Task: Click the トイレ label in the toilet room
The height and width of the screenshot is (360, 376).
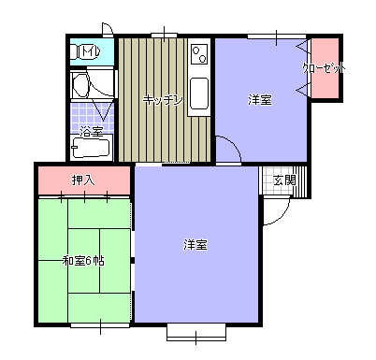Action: click(91, 51)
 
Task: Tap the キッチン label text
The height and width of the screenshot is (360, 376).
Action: click(163, 100)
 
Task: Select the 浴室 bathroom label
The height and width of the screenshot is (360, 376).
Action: click(91, 132)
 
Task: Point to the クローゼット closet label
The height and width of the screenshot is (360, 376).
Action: click(325, 68)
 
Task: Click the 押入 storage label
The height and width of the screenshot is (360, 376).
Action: click(83, 180)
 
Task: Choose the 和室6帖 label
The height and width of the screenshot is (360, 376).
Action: click(83, 261)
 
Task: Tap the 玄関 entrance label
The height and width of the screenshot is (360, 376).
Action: click(284, 180)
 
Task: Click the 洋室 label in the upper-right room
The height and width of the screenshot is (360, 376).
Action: click(260, 100)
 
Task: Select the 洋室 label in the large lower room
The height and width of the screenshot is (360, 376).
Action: click(195, 245)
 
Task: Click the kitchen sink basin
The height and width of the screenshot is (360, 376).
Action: click(199, 94)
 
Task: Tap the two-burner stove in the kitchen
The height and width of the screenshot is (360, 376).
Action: click(199, 54)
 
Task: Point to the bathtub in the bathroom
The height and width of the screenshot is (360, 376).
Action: click(92, 148)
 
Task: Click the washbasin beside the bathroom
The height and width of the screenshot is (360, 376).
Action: click(80, 85)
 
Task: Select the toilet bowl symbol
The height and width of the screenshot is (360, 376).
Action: click(77, 51)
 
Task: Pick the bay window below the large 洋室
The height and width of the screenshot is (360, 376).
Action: click(196, 332)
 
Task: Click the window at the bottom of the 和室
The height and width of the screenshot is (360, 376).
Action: click(100, 325)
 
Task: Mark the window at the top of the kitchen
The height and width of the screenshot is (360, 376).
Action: click(165, 36)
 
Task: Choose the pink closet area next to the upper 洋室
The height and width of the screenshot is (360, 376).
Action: click(325, 68)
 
